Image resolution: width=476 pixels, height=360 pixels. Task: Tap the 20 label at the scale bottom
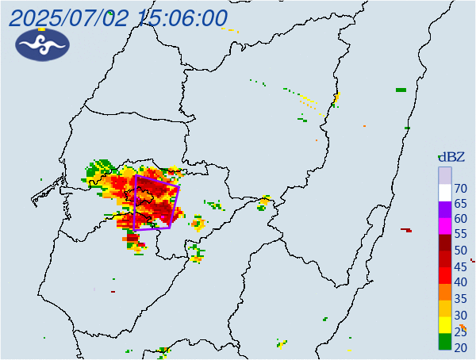coord(461,347)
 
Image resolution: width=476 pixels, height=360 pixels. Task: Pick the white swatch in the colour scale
coord(445,191)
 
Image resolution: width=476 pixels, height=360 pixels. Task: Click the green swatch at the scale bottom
coord(445,342)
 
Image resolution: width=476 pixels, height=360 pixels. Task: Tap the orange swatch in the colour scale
coord(445,291)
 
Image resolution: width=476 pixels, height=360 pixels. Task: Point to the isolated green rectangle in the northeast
coord(401,90)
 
